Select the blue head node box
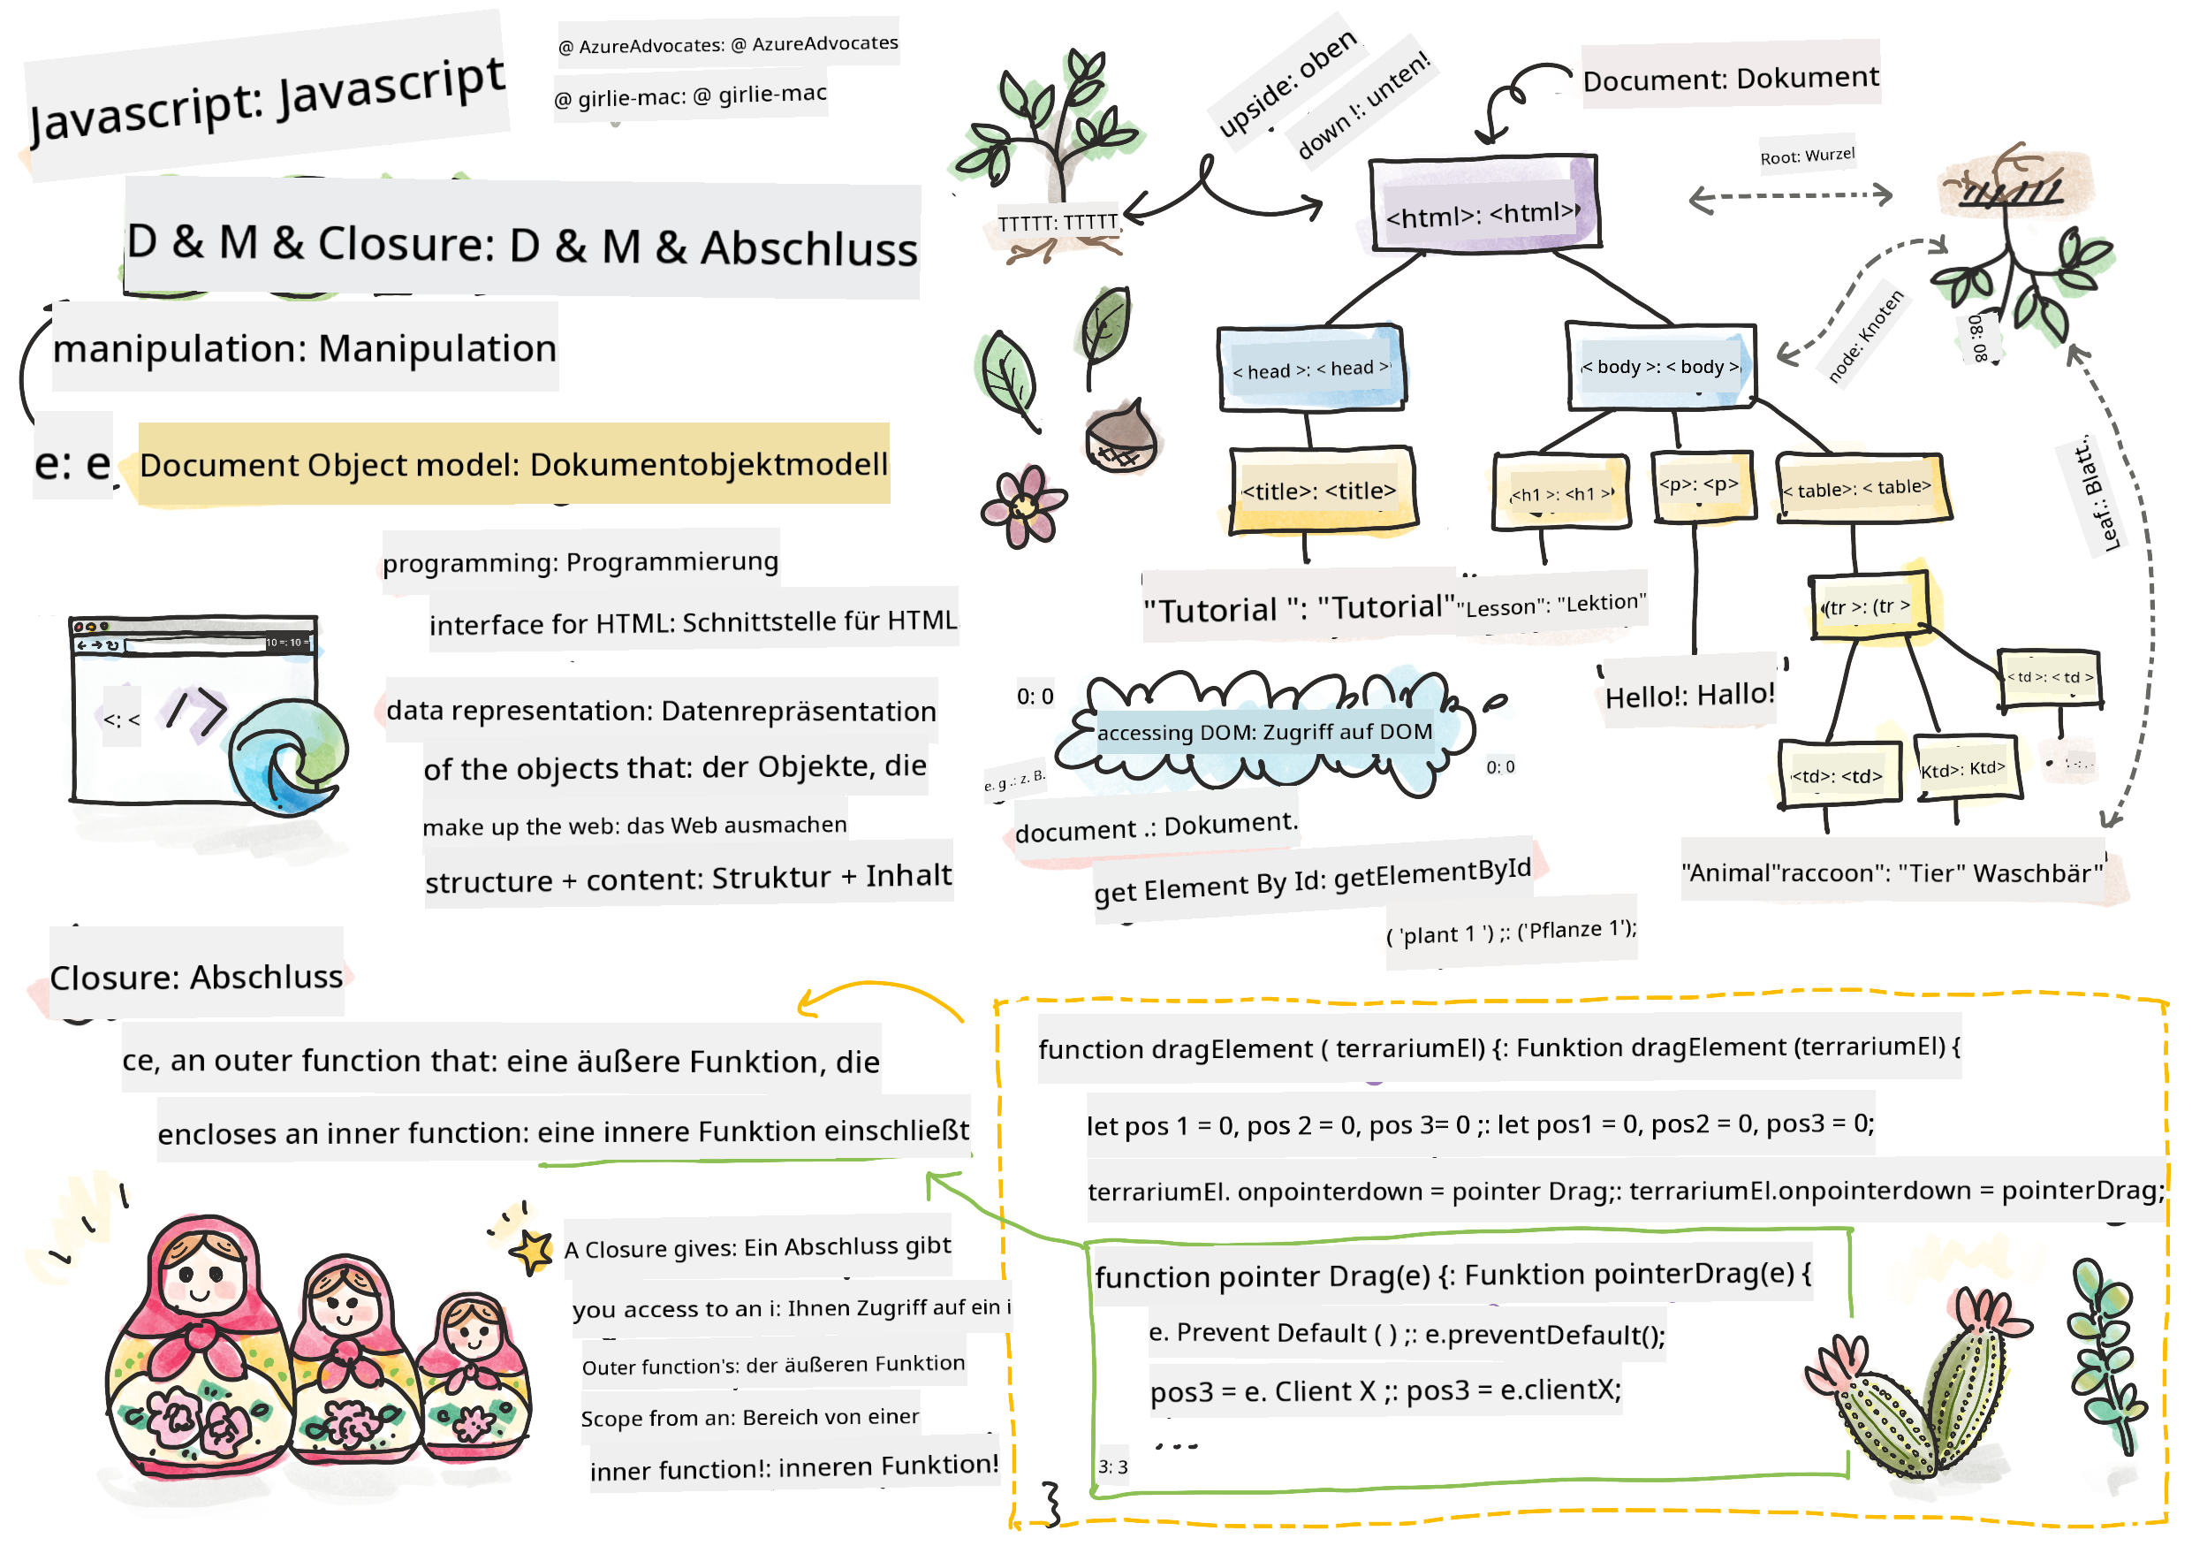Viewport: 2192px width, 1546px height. click(1310, 369)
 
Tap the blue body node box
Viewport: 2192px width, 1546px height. click(1661, 367)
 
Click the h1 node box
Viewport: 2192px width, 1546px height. click(1561, 491)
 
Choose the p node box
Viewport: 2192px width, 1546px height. click(1703, 486)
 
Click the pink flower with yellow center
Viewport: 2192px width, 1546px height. click(1022, 507)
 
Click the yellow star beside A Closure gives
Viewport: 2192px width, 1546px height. click(533, 1250)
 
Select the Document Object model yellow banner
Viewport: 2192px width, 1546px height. click(513, 465)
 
